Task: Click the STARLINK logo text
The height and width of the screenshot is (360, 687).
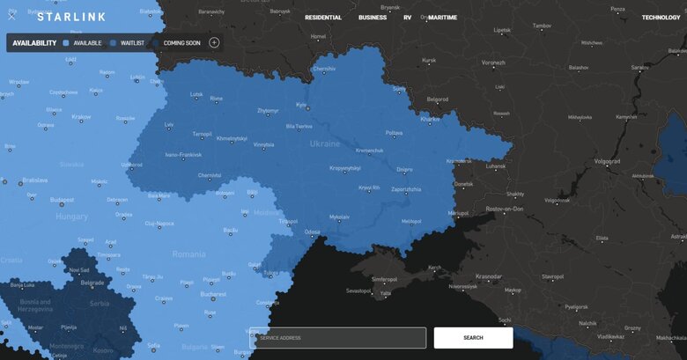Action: pos(72,18)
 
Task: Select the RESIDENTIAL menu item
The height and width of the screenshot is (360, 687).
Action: pos(323,18)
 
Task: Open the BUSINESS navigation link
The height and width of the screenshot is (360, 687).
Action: pos(373,18)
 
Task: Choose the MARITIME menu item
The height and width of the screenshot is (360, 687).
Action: pos(442,18)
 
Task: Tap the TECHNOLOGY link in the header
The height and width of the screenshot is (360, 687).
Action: pos(661,18)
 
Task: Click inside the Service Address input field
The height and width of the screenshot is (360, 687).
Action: pos(338,338)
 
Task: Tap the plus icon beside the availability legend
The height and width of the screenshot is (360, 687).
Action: pos(214,42)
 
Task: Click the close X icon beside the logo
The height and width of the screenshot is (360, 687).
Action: pos(11,16)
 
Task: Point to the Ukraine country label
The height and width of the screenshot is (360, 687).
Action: pos(324,143)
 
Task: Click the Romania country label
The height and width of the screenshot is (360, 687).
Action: pos(188,253)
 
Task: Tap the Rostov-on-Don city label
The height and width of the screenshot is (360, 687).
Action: pos(505,209)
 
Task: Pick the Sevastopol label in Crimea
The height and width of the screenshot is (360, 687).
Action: pos(359,290)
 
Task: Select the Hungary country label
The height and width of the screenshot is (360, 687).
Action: pos(71,217)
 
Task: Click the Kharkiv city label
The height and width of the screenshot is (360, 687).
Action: pos(430,118)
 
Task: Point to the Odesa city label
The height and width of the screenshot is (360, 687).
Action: pos(312,231)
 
